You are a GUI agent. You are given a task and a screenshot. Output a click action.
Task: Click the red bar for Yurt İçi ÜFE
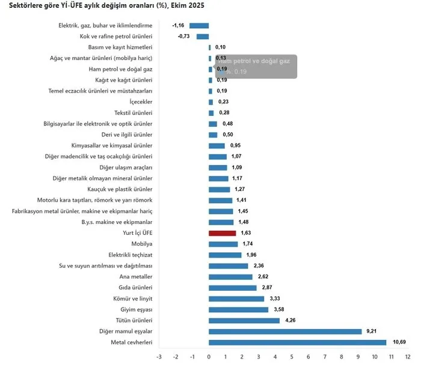point(223,233)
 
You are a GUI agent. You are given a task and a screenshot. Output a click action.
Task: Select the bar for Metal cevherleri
point(297,342)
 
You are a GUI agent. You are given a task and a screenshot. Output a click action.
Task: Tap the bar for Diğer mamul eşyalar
point(285,332)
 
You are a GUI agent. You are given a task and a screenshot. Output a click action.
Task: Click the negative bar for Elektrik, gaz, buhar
point(199,26)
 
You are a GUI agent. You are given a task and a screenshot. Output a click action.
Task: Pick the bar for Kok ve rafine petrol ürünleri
point(203,37)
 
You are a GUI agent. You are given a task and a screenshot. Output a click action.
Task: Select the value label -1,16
point(178,26)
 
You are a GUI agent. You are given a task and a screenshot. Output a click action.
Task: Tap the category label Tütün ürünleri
point(134,321)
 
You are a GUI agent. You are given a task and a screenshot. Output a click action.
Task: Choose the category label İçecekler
point(141,102)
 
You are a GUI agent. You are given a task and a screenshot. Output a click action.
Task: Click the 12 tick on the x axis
point(408,357)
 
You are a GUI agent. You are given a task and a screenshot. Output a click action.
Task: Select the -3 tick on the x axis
point(159,357)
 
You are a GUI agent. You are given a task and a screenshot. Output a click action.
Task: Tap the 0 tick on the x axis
point(209,357)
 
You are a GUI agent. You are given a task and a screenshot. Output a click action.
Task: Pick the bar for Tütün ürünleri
point(244,321)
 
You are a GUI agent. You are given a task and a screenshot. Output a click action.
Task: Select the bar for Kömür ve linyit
point(236,299)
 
